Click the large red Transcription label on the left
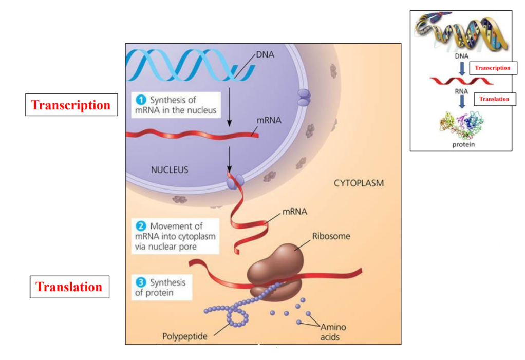point(71,105)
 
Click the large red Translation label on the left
point(69,287)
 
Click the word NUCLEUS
point(169,169)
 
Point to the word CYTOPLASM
point(359,183)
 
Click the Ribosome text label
point(331,236)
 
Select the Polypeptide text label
point(185,337)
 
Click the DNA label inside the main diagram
point(265,53)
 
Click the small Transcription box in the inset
point(493,68)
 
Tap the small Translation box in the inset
point(494,99)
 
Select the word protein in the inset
point(463,144)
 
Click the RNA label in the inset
point(461,91)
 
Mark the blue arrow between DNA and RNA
point(462,68)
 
